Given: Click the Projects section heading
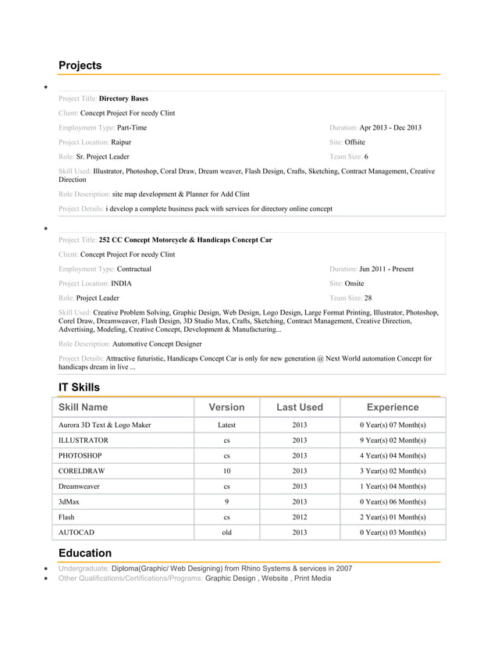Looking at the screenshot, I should [80, 66].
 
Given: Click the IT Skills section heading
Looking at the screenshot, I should [79, 387].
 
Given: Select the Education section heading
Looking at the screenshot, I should [85, 553].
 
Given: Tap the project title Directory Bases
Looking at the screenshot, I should [123, 99].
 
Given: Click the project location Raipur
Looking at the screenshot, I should [121, 142].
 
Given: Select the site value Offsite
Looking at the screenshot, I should [354, 142].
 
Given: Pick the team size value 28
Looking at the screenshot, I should [368, 298].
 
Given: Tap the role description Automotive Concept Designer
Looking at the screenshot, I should [157, 343].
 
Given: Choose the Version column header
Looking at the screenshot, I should [226, 407].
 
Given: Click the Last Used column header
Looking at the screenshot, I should [300, 407].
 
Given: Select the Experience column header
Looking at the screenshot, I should [392, 407].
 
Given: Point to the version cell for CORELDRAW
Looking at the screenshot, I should [226, 471].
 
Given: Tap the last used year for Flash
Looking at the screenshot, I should [300, 517].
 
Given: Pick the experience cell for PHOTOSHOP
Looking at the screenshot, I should [392, 455].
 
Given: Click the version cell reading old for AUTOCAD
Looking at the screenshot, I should [226, 532].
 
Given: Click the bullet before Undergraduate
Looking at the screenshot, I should [48, 568].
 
